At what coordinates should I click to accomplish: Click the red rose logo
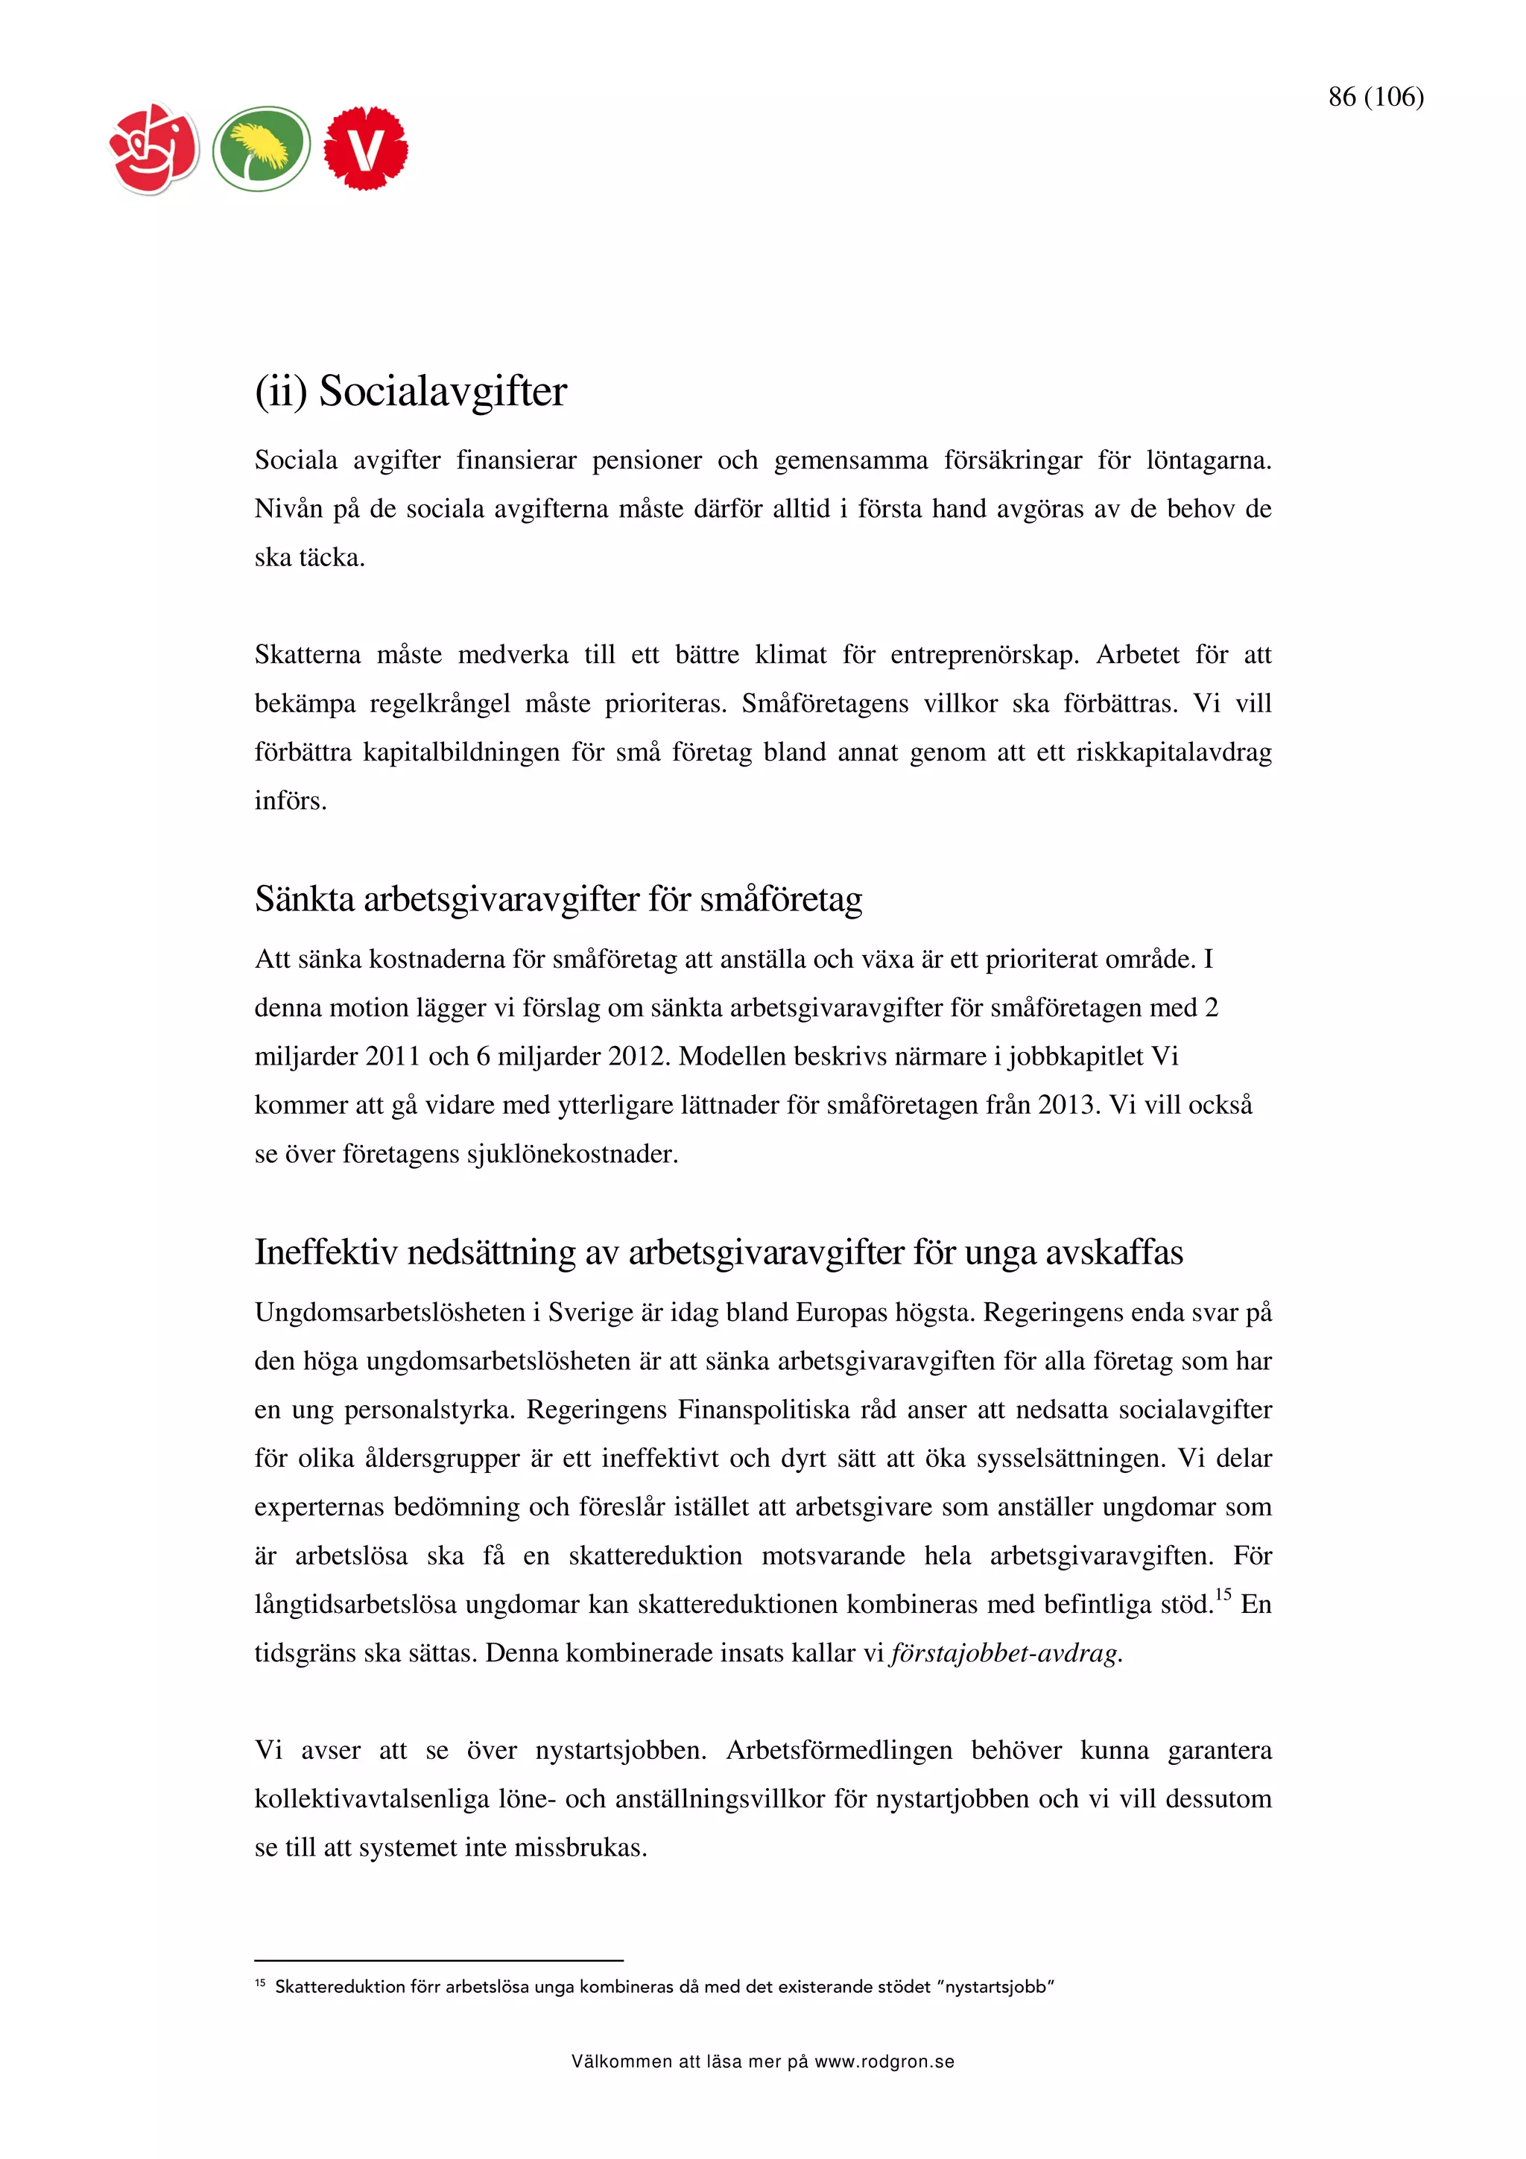[154, 148]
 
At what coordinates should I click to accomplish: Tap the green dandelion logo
[262, 148]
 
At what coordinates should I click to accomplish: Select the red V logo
[366, 148]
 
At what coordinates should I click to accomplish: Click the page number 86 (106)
[1375, 97]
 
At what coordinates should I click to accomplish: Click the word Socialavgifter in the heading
[443, 391]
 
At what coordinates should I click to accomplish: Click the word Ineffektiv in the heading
[326, 1252]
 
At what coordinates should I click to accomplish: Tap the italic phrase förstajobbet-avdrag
[1004, 1653]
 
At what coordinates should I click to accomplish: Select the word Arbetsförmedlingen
[839, 1750]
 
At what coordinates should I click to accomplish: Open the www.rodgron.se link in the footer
[884, 2062]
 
